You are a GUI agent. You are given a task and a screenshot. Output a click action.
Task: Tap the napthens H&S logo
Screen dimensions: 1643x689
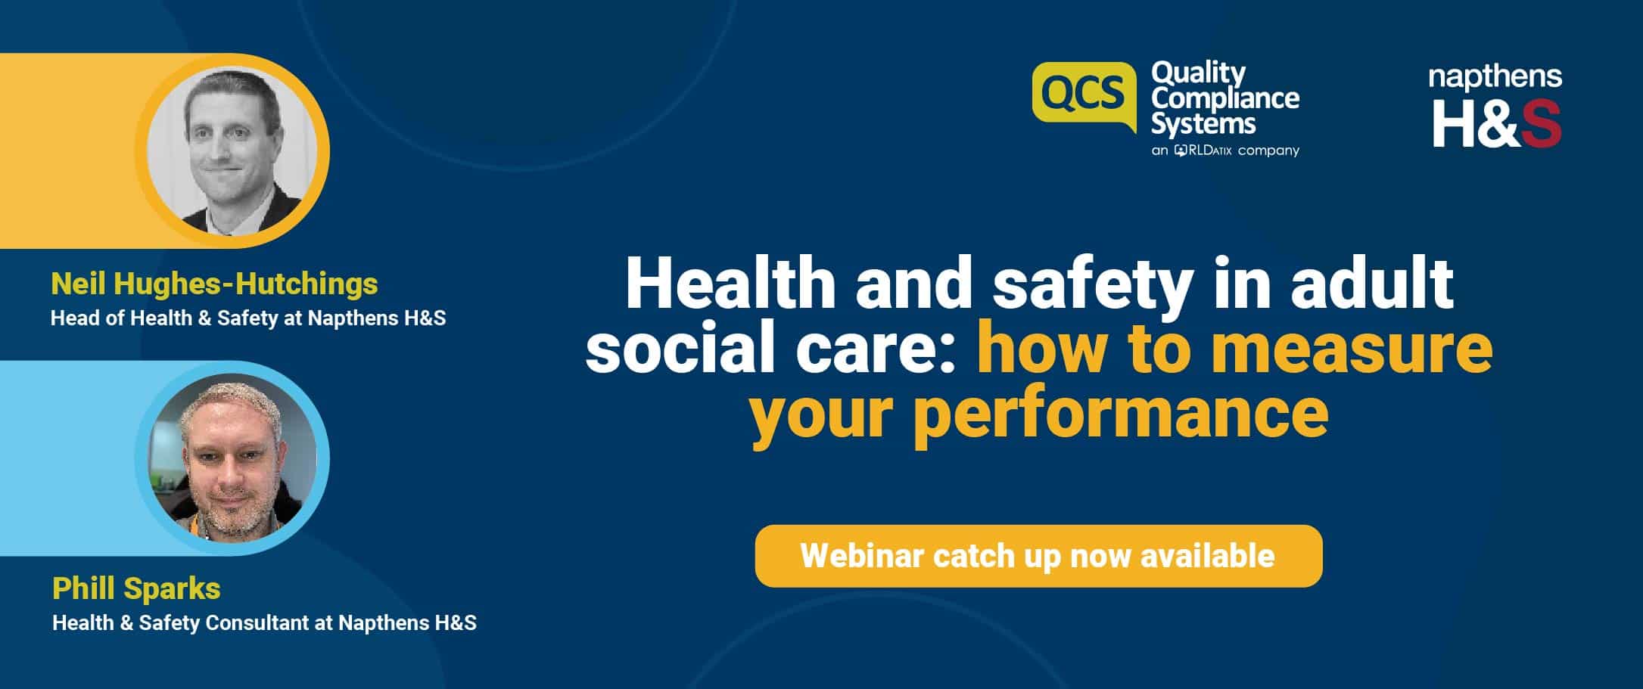[1495, 106]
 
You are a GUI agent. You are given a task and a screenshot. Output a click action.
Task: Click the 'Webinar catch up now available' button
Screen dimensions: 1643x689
[1038, 556]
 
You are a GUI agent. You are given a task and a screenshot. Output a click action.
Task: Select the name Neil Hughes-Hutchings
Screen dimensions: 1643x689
[214, 284]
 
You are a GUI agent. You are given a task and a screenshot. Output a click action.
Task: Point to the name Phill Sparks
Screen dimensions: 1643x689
[136, 588]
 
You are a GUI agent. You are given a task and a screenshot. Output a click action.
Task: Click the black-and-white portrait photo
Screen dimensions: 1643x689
[232, 151]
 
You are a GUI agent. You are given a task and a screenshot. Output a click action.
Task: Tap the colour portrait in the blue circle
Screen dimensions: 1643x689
[232, 458]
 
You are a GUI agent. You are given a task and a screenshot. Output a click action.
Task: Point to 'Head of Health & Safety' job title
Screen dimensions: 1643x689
[163, 318]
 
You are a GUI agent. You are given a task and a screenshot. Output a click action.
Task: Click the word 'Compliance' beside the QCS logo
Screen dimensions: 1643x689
[1225, 98]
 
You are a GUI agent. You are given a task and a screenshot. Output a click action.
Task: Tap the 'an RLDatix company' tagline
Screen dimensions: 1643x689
[1225, 151]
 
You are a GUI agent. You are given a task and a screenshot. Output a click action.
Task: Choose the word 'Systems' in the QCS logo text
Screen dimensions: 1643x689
[1203, 123]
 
